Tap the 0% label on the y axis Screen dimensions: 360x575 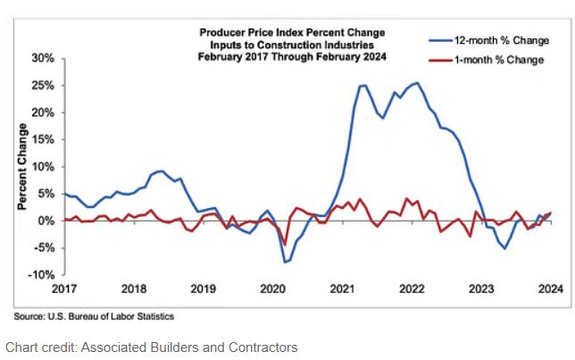click(45, 221)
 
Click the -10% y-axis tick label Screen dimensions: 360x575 click(41, 274)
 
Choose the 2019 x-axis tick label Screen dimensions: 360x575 click(203, 289)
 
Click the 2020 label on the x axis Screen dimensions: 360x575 click(272, 289)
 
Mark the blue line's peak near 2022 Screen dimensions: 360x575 click(418, 83)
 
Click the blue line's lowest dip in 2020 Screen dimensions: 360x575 click(285, 262)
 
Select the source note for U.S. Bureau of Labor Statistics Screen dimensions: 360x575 click(93, 316)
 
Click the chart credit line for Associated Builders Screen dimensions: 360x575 click(151, 347)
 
